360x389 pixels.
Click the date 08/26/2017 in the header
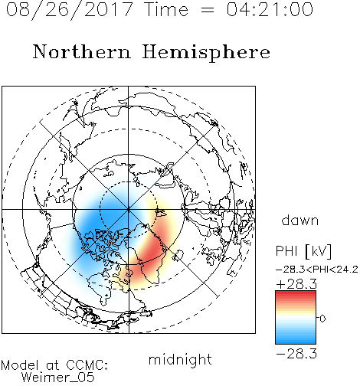69,10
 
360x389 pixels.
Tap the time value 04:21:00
270,9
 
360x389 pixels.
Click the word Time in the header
166,9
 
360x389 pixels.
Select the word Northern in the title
82,51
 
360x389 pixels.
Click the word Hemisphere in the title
206,53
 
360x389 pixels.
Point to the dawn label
300,220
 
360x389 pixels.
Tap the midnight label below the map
180,359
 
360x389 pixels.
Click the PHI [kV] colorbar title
304,251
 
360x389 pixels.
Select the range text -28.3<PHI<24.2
317,270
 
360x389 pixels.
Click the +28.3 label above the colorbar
296,284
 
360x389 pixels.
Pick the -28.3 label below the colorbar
296,354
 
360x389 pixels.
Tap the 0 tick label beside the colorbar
322,319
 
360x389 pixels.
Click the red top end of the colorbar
296,293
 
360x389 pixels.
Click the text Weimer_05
58,378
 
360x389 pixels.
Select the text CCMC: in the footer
87,365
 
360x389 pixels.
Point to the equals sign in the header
208,10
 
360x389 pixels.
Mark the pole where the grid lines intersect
129,209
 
